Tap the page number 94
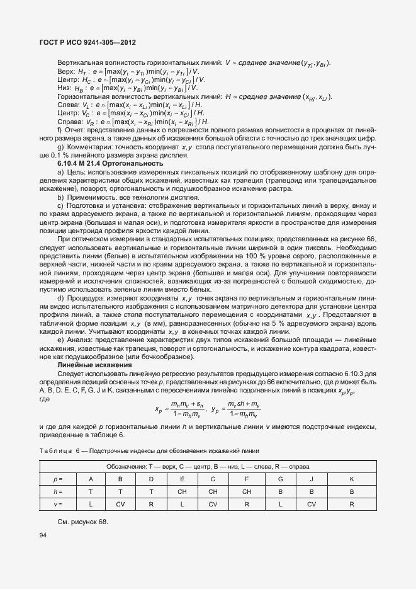pyautogui.click(x=43, y=535)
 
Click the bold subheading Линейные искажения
pyautogui.click(x=94, y=365)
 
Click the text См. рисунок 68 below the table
pyautogui.click(x=83, y=522)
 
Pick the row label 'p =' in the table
pyautogui.click(x=59, y=479)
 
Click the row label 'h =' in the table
pyautogui.click(x=59, y=491)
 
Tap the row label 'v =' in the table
pyautogui.click(x=59, y=503)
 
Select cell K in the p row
pyautogui.click(x=351, y=479)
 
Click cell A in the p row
pyautogui.click(x=91, y=479)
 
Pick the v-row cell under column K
pyautogui.click(x=351, y=503)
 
